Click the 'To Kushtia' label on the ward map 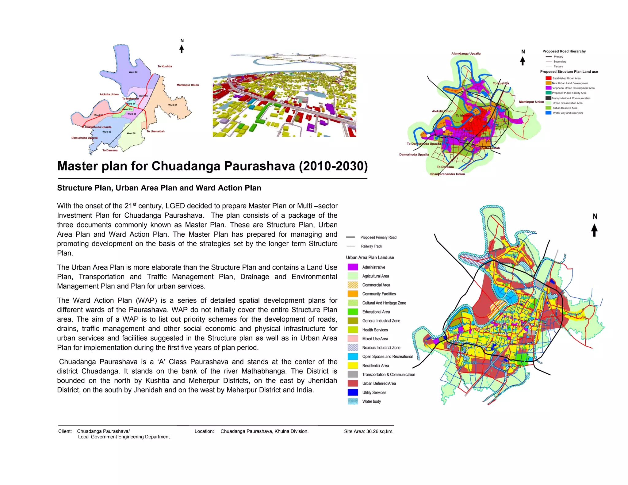point(165,66)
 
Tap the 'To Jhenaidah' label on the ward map point(155,131)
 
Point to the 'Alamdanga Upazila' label point(466,54)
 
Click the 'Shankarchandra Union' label point(447,174)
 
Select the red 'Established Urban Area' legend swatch point(548,78)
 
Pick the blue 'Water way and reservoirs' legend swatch point(548,113)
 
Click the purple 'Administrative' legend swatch point(353,267)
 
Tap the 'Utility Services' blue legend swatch point(353,392)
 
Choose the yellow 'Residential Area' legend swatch point(353,365)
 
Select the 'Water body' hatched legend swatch point(353,401)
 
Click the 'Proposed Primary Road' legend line point(350,237)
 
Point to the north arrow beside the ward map point(182,49)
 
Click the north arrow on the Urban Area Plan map point(594,230)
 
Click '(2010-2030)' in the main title point(333,166)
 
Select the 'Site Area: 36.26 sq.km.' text point(369,431)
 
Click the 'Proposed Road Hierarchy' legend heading point(564,51)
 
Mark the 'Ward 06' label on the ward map point(133,72)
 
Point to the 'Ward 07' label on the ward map point(173,105)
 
